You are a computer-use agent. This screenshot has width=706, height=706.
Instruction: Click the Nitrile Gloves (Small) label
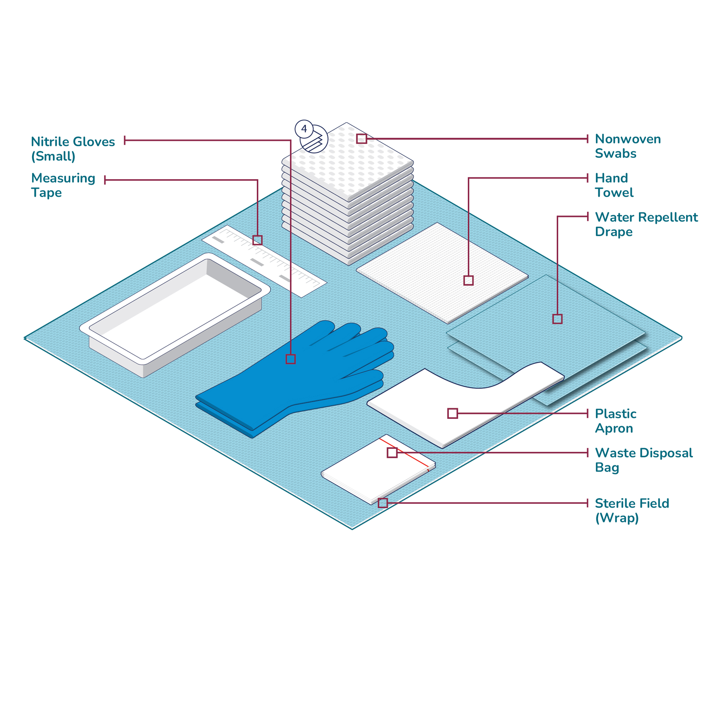point(73,149)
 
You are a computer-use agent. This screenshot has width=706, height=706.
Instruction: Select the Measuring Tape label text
point(63,185)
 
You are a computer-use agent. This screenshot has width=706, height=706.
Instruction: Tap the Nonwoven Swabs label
point(627,146)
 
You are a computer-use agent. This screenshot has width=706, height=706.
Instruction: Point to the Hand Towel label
point(614,185)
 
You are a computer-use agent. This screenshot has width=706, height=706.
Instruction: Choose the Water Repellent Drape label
point(646,224)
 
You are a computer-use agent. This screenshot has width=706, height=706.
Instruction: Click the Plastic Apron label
point(615,421)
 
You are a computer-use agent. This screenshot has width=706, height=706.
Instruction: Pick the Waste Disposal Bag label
point(644,460)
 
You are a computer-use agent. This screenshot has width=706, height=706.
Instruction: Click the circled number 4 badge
point(304,129)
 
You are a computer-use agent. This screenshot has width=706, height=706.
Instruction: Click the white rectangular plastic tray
point(175,314)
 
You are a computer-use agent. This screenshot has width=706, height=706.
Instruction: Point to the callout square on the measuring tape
point(257,240)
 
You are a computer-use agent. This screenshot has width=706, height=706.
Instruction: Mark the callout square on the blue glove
point(291,359)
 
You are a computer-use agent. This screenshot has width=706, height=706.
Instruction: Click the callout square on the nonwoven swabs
point(361,138)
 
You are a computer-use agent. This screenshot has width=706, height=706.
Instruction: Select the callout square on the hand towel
point(468,280)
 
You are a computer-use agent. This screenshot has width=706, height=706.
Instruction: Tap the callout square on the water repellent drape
point(557,319)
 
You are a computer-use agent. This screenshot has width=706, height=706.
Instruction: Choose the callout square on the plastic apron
point(453,413)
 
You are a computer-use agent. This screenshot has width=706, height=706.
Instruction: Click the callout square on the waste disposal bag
point(392,453)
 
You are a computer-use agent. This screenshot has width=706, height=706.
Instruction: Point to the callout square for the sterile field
point(383,503)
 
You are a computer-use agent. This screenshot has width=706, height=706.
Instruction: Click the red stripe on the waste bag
point(413,458)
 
